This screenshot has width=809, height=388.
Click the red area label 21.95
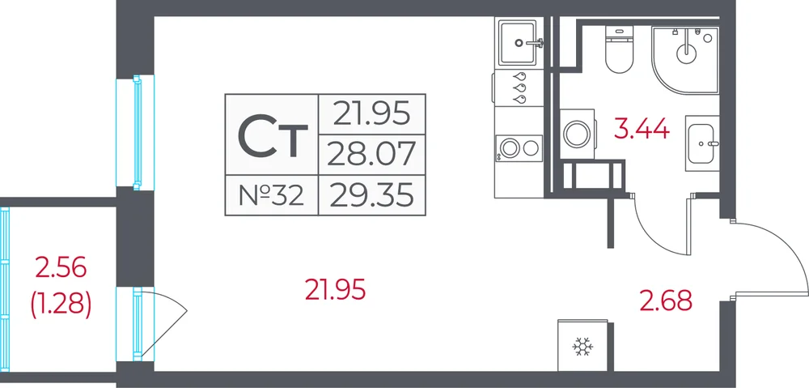(336, 289)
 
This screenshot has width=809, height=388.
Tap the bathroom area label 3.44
(642, 129)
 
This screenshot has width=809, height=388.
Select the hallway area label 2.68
(666, 301)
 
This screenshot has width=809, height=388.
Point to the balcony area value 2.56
(61, 268)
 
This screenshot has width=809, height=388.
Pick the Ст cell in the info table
(272, 134)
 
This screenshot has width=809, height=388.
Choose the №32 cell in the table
(272, 195)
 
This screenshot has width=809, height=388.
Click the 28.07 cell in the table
(372, 155)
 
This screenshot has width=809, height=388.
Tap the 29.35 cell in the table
(372, 195)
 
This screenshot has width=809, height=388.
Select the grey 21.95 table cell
(372, 114)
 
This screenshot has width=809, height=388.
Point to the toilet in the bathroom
(619, 49)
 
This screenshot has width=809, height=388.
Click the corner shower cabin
(686, 60)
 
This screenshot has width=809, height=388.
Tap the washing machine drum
(576, 134)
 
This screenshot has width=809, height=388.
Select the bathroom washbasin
(702, 143)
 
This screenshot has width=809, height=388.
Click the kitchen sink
(519, 42)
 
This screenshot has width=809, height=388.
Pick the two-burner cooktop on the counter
(519, 148)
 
